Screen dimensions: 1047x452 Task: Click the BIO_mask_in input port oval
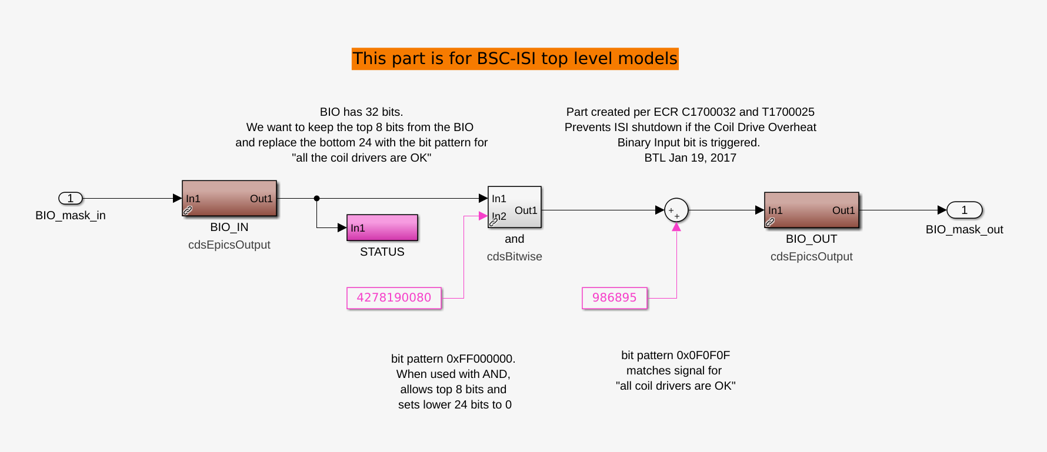pos(71,198)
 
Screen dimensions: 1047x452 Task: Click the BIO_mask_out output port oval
pos(964,210)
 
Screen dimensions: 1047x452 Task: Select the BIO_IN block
pos(229,198)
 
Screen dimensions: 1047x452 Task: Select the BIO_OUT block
pos(812,210)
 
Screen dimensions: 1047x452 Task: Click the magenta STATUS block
pos(382,227)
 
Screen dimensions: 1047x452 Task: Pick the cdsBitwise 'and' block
pos(515,207)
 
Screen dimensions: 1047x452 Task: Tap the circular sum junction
pos(676,210)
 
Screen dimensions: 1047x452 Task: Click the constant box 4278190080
pos(394,298)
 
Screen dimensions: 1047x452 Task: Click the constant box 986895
pos(615,298)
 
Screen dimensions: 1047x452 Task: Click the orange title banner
pos(515,59)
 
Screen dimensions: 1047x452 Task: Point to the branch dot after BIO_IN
pos(316,198)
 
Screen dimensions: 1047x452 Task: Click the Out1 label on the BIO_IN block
pos(261,199)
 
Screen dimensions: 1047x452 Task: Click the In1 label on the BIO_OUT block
pos(775,210)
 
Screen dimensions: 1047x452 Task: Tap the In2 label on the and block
pos(499,216)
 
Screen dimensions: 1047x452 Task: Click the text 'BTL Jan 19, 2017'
pos(691,158)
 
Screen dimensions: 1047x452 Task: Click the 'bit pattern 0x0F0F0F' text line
pos(676,355)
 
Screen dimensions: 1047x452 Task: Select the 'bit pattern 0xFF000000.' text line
pos(454,359)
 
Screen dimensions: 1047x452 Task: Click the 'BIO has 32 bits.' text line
pos(362,112)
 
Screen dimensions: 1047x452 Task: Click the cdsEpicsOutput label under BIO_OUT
pos(812,256)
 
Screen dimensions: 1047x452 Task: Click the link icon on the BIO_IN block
pos(188,210)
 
